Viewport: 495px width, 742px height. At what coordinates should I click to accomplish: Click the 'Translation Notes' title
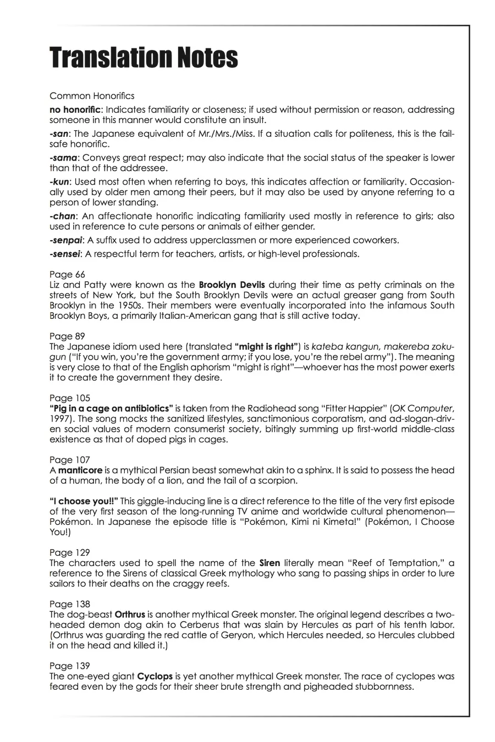[144, 58]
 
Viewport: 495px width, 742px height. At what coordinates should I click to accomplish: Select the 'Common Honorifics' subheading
[92, 96]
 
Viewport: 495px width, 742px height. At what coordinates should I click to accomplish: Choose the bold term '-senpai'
[67, 240]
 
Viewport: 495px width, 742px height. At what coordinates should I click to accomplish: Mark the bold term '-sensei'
[66, 254]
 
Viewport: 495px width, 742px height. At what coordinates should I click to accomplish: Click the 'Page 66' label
[67, 274]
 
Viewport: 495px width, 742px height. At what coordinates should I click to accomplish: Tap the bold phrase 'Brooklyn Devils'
[232, 285]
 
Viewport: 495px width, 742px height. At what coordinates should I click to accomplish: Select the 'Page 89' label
[67, 336]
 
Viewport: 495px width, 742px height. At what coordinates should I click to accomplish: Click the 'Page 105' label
[69, 398]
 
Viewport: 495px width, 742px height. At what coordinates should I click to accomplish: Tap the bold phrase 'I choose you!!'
[84, 501]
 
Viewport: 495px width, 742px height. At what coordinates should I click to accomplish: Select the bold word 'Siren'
[269, 563]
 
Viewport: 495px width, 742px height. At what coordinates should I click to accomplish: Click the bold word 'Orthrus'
[130, 614]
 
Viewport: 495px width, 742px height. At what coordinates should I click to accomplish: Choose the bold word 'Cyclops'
[155, 676]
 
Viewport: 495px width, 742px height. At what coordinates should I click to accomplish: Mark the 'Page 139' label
[69, 666]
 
